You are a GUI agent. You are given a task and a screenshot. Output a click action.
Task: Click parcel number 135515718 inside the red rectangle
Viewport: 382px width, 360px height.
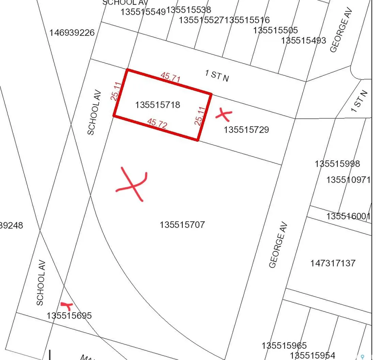pos(158,105)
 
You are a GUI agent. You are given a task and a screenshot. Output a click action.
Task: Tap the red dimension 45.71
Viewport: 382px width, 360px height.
pos(170,77)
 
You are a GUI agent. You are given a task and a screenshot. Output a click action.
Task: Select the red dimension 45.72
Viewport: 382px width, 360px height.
pos(157,123)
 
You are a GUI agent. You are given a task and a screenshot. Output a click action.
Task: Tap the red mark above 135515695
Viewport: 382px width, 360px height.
pos(66,306)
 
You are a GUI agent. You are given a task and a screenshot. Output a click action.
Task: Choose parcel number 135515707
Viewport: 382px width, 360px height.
pos(182,225)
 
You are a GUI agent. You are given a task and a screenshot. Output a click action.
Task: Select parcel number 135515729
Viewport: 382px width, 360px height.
pos(246,130)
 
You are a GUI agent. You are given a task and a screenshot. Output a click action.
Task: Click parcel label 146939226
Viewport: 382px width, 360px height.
pos(72,33)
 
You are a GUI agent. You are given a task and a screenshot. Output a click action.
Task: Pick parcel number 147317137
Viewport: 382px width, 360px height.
pos(333,263)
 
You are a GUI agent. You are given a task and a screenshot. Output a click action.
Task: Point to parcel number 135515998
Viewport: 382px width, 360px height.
pos(337,164)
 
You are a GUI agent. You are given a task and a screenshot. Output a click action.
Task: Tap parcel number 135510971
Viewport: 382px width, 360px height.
pos(348,180)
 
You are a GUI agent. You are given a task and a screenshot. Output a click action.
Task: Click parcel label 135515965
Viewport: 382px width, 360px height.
pos(284,345)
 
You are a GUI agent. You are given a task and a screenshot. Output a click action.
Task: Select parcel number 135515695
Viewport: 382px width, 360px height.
pos(69,316)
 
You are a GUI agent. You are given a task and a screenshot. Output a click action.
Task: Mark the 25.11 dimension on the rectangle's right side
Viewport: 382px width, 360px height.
pos(200,116)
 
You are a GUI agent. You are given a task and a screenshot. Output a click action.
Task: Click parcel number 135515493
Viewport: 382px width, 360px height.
pos(304,40)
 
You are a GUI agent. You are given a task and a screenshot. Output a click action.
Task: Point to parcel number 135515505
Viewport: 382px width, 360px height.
pos(275,30)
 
